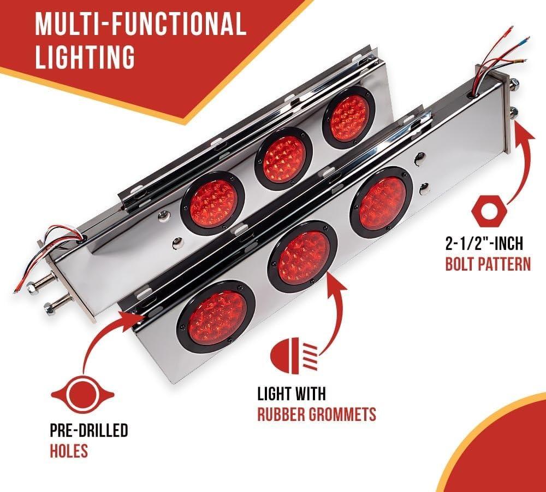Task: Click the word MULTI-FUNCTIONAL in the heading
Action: point(141,24)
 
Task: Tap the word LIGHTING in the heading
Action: point(85,56)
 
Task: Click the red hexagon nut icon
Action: point(489,210)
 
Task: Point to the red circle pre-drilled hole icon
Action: point(82,394)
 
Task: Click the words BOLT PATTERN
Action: point(488,263)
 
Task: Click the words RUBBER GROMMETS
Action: point(317,414)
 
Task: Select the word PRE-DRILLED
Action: point(89,430)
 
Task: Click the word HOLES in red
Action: point(69,450)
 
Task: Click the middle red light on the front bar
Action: point(302,256)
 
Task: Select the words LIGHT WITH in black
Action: point(292,394)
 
